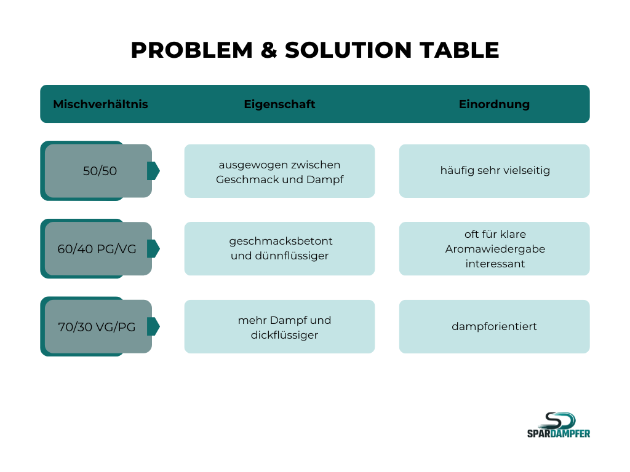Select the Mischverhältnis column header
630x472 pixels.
(100, 104)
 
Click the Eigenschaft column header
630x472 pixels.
(279, 104)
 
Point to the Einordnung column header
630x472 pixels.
(494, 104)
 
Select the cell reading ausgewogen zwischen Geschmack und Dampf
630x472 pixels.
(279, 171)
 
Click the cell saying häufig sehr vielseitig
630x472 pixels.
(494, 171)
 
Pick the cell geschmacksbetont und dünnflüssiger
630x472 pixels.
(279, 249)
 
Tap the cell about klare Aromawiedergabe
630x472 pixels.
(494, 249)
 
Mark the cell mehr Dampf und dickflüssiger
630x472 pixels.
(279, 327)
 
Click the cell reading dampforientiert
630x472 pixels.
(494, 326)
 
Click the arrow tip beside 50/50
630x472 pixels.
(154, 171)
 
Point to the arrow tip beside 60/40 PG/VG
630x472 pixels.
(154, 249)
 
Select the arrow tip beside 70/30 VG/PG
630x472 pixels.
(154, 327)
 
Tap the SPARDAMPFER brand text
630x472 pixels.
(559, 433)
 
